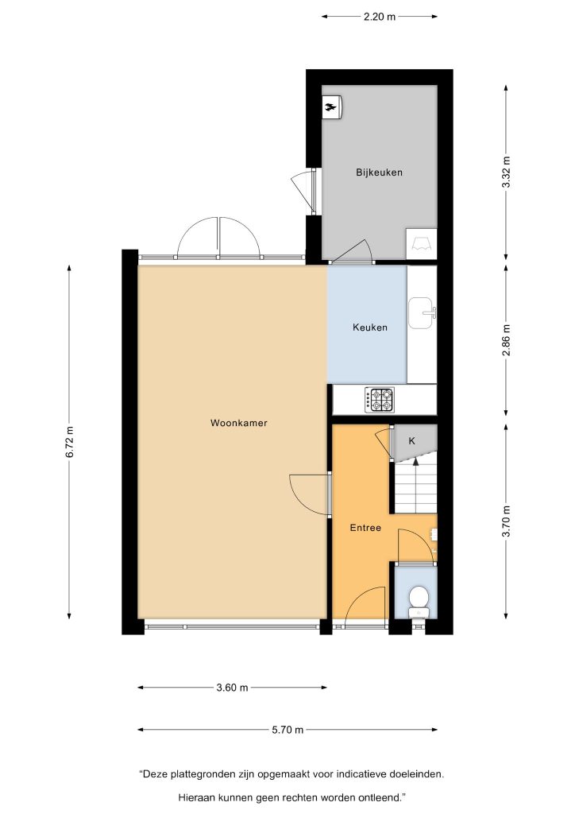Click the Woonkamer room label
pos(238,423)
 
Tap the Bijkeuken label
pos(379,172)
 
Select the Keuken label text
pos(369,328)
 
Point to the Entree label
pos(365,528)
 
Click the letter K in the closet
pos(412,441)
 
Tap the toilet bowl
pos(418,599)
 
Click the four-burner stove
pos(379,401)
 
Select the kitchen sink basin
pos(420,313)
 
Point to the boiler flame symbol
pos(330,108)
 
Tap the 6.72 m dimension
pos(70,442)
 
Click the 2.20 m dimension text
pos(380,17)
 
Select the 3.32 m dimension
pos(507,172)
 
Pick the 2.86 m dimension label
pos(507,340)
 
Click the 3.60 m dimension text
pos(232,688)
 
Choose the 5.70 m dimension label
pos(287,730)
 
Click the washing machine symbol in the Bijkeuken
pos(421,243)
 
